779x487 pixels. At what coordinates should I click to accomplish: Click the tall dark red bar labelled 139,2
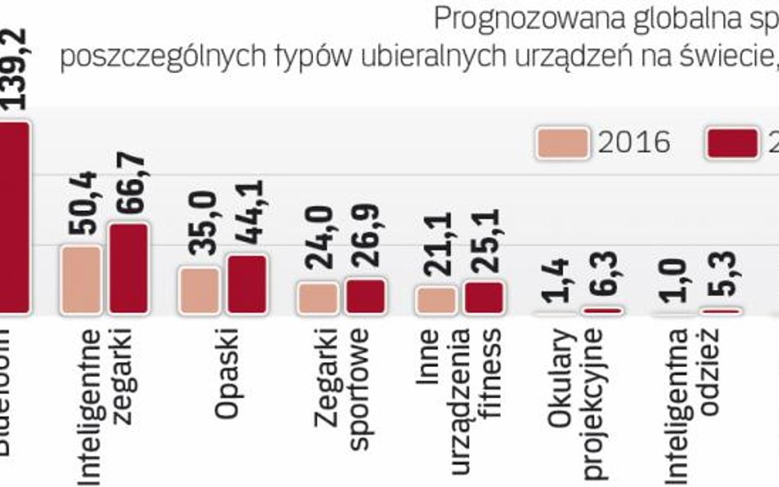14,217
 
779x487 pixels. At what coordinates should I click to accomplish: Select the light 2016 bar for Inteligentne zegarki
81,279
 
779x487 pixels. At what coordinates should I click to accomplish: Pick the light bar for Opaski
199,290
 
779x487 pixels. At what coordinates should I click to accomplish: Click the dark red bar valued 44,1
246,284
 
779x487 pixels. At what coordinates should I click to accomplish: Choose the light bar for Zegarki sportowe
317,298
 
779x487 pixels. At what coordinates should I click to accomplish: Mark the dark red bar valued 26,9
364,296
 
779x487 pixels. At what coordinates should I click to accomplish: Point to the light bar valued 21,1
436,300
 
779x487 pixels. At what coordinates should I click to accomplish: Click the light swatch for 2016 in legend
562,142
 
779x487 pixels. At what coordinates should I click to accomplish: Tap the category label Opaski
225,374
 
